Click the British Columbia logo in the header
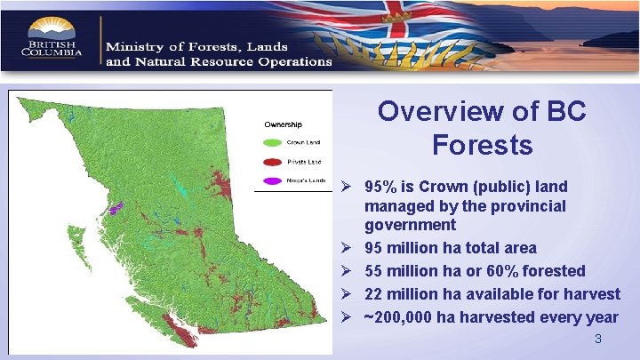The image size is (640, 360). click(52, 37)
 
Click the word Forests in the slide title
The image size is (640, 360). click(483, 144)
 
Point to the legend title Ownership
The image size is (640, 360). click(284, 124)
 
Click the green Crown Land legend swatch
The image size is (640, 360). click(271, 141)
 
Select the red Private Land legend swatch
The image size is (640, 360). click(271, 162)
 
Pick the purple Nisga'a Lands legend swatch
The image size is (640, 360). click(271, 182)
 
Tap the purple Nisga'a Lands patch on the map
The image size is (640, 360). click(115, 209)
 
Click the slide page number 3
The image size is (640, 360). click(598, 340)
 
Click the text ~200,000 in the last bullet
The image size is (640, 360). click(400, 317)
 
